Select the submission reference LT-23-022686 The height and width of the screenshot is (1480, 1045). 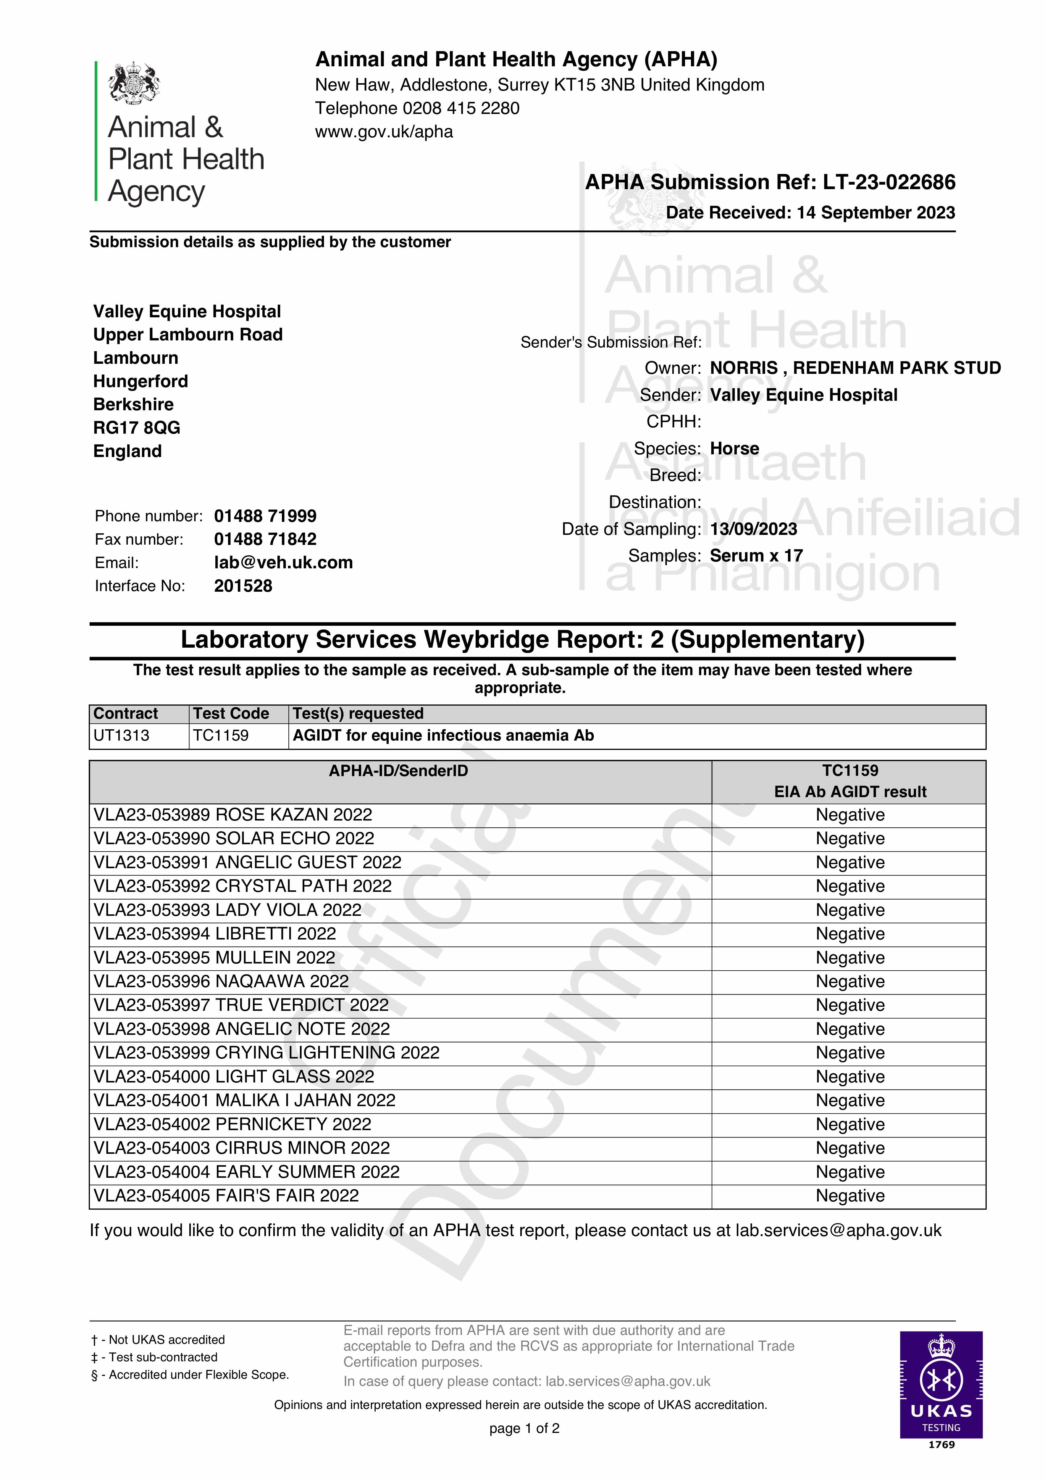(x=889, y=182)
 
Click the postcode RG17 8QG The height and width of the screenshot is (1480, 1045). (x=137, y=428)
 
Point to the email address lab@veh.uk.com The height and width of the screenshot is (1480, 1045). (x=283, y=563)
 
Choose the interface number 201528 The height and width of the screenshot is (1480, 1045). (x=243, y=586)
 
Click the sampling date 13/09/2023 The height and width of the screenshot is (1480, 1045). (x=753, y=529)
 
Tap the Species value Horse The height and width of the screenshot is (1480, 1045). (x=734, y=449)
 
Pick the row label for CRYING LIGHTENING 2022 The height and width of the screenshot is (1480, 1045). (x=266, y=1053)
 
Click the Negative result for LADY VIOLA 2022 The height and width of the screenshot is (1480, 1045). (x=850, y=910)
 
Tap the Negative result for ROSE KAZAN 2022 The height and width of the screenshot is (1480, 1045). (x=850, y=815)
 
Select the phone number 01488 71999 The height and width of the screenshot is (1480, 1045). (x=265, y=516)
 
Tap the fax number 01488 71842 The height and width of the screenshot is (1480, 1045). (x=265, y=540)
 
